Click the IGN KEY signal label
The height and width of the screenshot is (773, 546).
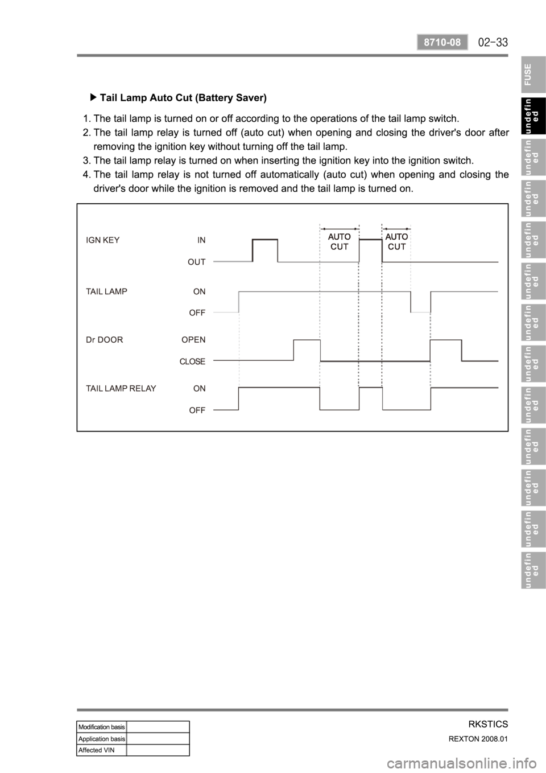tap(102, 240)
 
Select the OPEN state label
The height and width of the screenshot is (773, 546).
tap(193, 340)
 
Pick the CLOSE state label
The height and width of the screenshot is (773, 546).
tap(192, 361)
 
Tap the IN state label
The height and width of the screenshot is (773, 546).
tap(201, 240)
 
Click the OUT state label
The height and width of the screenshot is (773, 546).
tap(197, 262)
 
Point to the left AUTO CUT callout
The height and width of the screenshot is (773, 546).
tap(340, 241)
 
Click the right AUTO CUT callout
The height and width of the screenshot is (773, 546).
tap(396, 241)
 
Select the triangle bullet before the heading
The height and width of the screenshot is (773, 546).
tap(94, 97)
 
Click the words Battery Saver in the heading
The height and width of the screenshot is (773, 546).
tap(233, 97)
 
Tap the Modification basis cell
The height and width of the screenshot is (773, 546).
tap(102, 727)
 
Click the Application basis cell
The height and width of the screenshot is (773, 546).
tap(102, 738)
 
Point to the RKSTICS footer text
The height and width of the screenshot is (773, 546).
tap(488, 724)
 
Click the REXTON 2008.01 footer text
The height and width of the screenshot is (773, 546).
tap(481, 739)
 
